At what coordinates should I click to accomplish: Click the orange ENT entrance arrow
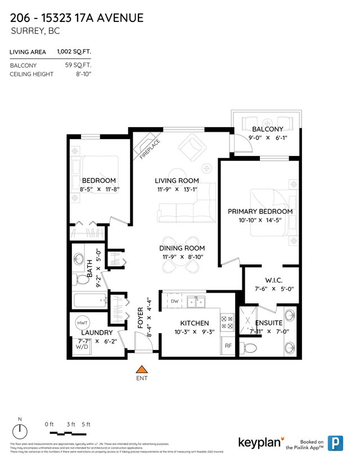coord(142,369)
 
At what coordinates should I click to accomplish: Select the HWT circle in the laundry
coord(82,323)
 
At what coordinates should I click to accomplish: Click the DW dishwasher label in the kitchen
coord(174,302)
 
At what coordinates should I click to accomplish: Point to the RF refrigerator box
coord(228,346)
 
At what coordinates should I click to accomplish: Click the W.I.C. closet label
coord(273,280)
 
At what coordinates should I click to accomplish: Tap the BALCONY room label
coord(267,129)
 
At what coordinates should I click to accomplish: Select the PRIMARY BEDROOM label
coord(260,211)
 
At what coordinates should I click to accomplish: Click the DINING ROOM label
coord(182,248)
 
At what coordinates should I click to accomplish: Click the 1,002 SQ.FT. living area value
coord(74,52)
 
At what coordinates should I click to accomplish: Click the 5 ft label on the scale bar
coord(86,424)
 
